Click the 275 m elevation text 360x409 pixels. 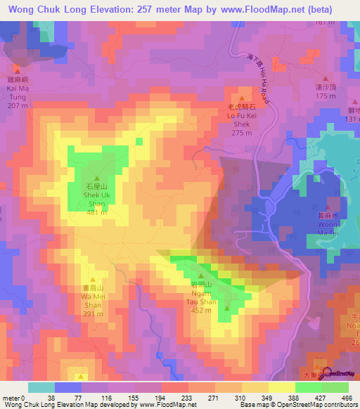coord(242,132)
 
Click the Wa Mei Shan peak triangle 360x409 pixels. coord(92,279)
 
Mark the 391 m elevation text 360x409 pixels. coord(93,314)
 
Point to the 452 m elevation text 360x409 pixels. coord(202,309)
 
